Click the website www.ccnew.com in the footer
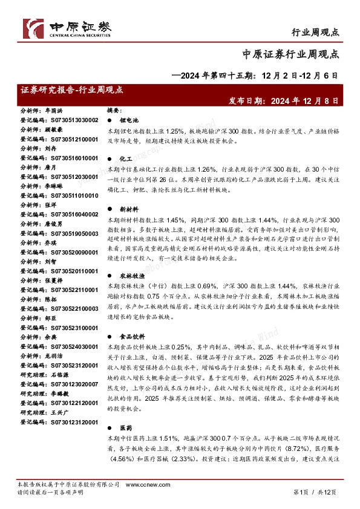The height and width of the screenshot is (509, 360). pos(142,485)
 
